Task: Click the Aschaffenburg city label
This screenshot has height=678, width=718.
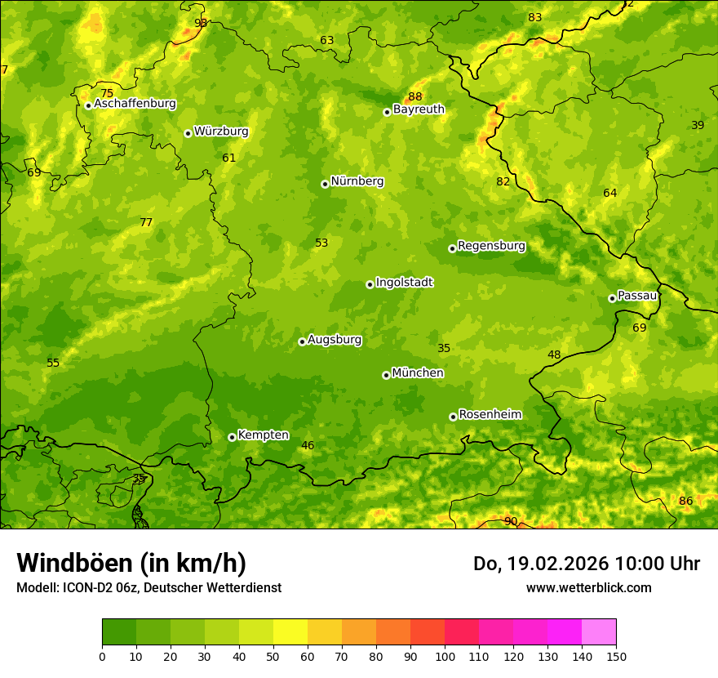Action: coord(135,104)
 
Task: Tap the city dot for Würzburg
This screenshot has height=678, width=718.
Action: coord(188,133)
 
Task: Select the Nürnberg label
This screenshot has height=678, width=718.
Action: coord(357,181)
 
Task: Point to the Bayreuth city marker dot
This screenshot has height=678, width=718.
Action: coord(388,112)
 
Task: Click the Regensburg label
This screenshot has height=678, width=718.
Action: coord(491,246)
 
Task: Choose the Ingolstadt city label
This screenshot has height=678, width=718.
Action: coord(404,283)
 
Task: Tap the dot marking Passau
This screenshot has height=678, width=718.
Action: coord(612,298)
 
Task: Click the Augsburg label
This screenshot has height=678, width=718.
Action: coord(335,340)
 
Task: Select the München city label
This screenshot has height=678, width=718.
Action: coord(418,373)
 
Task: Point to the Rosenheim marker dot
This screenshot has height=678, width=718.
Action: coord(453,417)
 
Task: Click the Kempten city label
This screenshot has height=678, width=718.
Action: coord(263,435)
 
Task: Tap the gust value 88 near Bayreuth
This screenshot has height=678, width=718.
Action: coord(415,96)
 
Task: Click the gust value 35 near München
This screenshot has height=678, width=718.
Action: coord(444,348)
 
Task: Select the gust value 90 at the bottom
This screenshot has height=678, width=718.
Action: coord(511,521)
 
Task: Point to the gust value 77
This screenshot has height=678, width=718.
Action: coord(146,222)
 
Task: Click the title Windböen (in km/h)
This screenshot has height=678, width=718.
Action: coord(131,563)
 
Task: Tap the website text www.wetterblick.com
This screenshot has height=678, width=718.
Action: coord(588,587)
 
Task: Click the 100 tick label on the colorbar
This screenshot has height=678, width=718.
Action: coord(445,656)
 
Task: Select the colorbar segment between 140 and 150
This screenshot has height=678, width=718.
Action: coord(599,632)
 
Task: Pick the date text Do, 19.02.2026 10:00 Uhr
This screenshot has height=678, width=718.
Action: coord(586,564)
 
